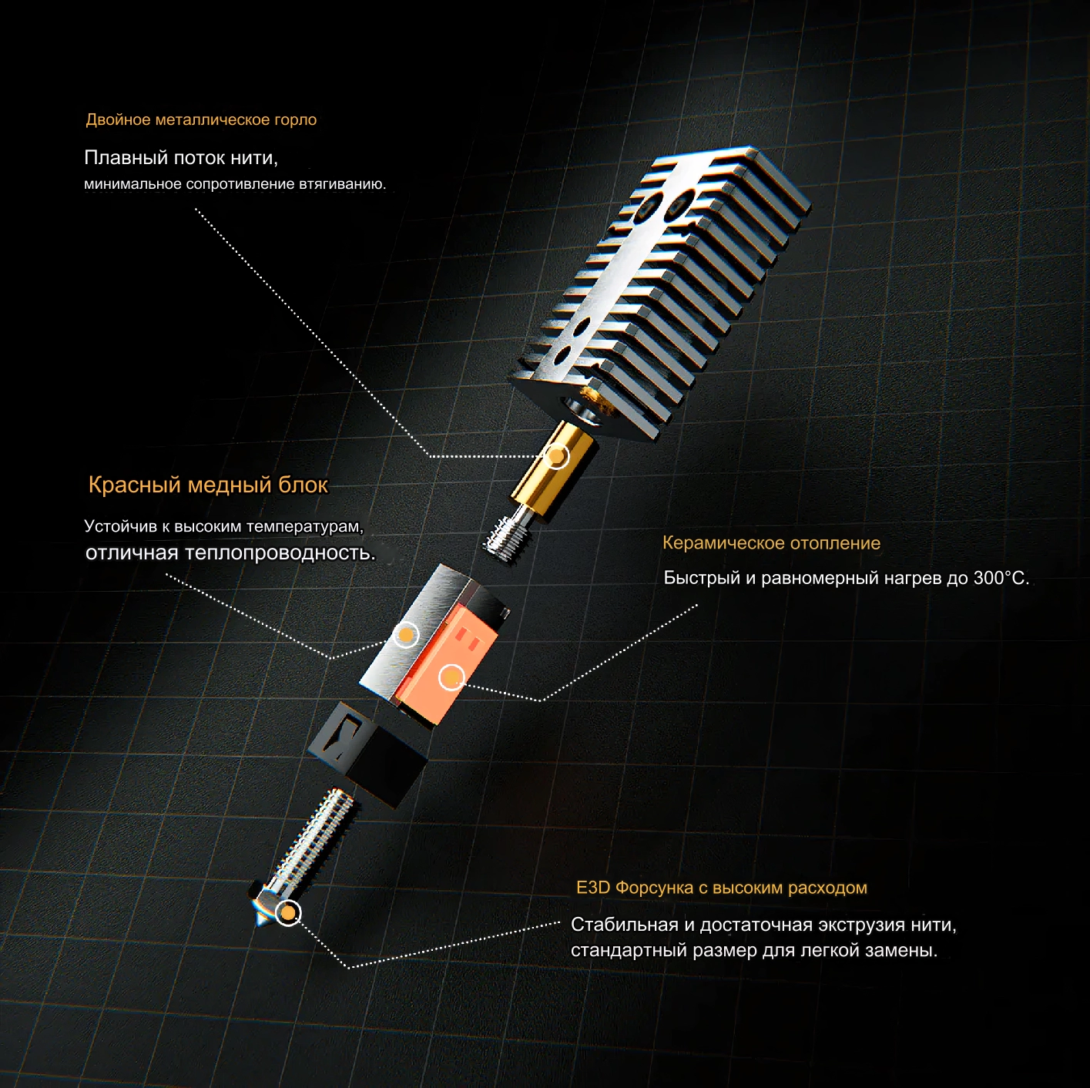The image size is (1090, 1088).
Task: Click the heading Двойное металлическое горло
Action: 201,120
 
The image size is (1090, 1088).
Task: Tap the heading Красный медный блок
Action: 208,485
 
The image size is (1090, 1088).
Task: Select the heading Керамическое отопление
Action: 772,543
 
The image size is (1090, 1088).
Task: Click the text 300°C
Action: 1001,578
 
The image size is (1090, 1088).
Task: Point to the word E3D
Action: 593,887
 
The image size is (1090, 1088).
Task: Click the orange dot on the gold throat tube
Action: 558,455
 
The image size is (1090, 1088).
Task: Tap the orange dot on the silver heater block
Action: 405,635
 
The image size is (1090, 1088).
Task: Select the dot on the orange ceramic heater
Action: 451,677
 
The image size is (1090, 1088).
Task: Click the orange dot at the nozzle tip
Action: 288,912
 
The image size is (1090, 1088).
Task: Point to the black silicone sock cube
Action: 367,753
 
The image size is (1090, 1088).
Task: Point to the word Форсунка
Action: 654,887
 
